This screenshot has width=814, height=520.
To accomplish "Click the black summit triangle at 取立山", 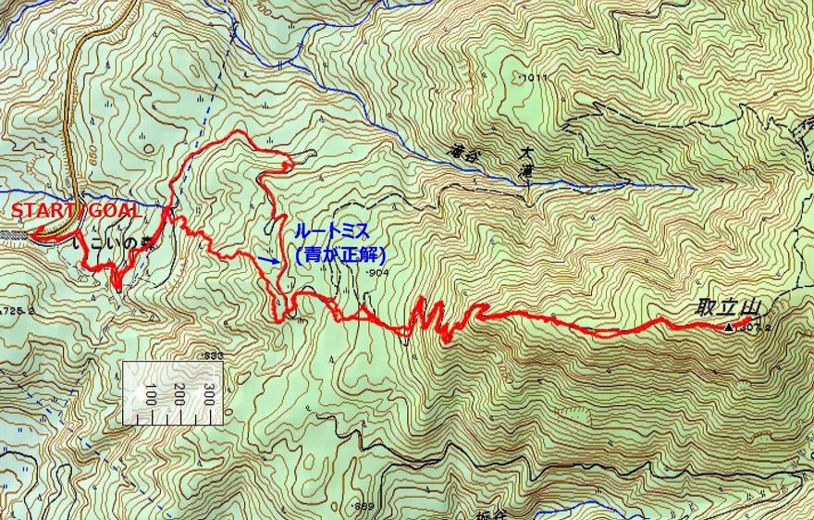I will (x=729, y=327).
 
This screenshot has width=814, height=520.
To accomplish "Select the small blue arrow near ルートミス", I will (x=270, y=261).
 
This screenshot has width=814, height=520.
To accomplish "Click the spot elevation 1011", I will (x=532, y=80).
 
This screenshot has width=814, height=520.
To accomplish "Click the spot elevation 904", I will (x=376, y=276).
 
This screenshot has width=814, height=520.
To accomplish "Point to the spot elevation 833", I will (x=214, y=355).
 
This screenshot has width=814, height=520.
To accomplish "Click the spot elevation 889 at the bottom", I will (x=364, y=506).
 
